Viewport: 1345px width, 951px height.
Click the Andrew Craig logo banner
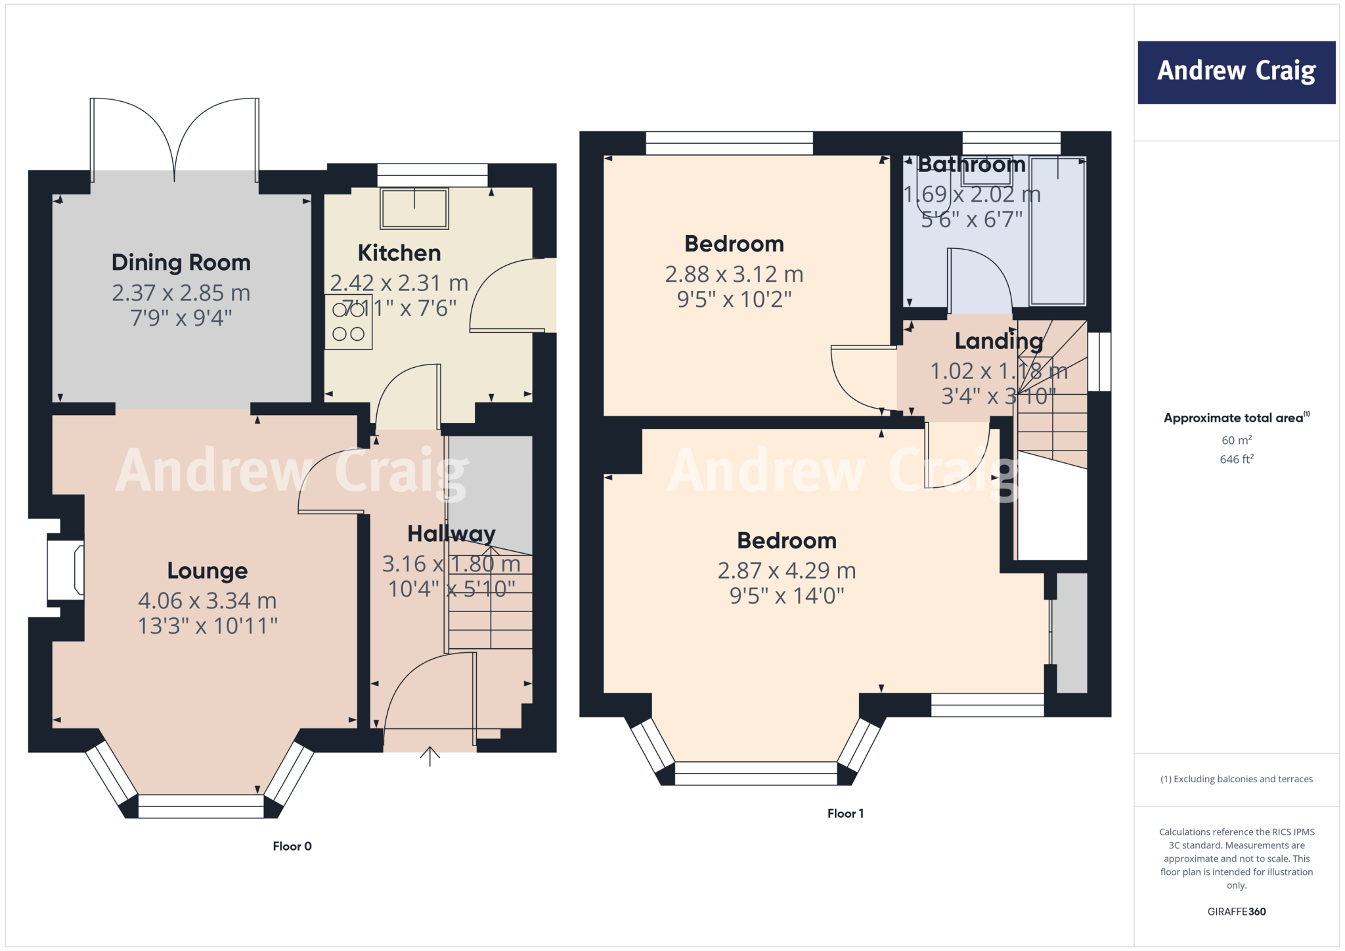click(1236, 72)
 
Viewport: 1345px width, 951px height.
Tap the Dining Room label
click(181, 263)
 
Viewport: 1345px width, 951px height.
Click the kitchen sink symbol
click(414, 209)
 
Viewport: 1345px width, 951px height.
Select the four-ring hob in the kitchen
click(348, 322)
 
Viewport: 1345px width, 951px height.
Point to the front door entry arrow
click(430, 756)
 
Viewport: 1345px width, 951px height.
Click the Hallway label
click(451, 533)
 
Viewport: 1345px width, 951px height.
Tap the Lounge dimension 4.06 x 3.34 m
click(207, 600)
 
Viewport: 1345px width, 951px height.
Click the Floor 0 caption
click(292, 846)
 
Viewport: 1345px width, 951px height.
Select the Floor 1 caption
click(845, 813)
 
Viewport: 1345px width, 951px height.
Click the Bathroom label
click(971, 164)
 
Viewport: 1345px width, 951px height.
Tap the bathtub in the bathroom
click(1057, 231)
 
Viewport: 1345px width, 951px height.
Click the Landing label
click(998, 341)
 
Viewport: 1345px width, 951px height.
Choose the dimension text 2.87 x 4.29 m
click(787, 570)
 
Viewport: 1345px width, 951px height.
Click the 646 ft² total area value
click(1236, 459)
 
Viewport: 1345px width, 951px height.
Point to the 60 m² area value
click(1236, 440)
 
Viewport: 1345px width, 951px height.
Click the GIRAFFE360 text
click(1236, 912)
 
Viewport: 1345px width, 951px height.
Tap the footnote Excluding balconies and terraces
click(1236, 779)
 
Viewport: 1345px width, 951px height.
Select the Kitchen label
click(399, 253)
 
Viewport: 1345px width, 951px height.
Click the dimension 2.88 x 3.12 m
click(734, 274)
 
